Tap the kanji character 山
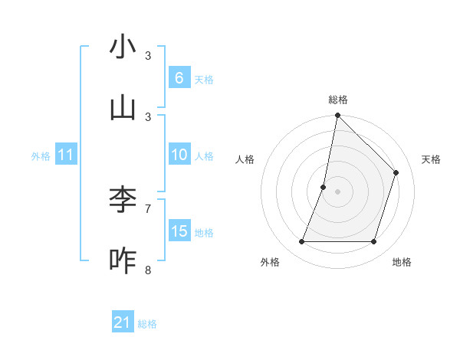(x=123, y=108)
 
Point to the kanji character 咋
(x=123, y=260)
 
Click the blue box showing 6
(x=179, y=77)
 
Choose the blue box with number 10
(x=179, y=155)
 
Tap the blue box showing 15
(x=179, y=231)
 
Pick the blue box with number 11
(x=65, y=155)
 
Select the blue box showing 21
(x=123, y=322)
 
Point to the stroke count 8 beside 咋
(x=148, y=270)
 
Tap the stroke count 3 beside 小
(x=148, y=55)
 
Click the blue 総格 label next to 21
(x=147, y=324)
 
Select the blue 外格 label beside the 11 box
(x=41, y=156)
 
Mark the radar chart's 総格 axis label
(x=337, y=100)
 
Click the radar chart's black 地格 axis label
(x=402, y=262)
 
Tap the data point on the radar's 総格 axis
(x=337, y=116)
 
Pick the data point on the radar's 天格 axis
(x=396, y=172)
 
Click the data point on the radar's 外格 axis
(x=301, y=242)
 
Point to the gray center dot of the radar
(x=337, y=191)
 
